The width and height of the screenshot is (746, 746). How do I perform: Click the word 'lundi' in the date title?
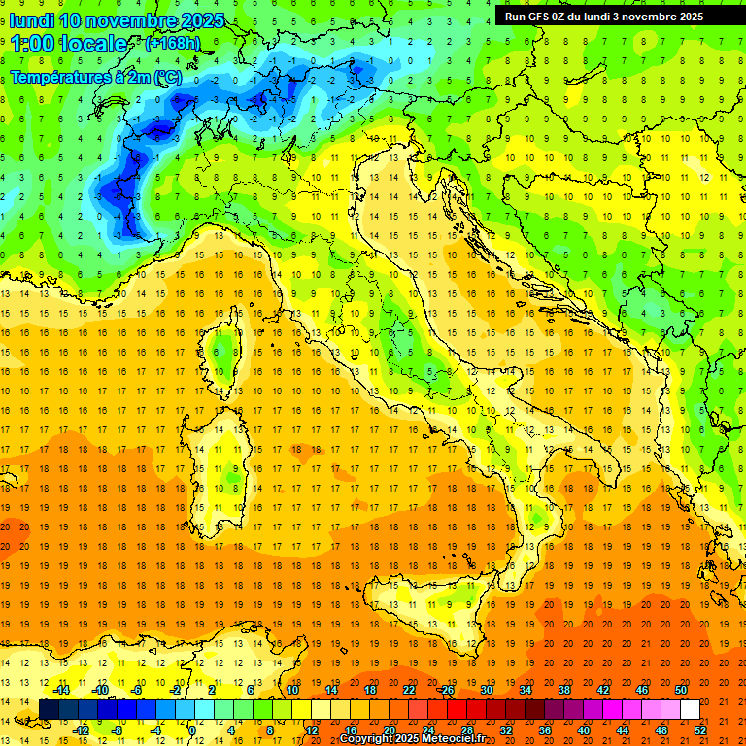click(31, 20)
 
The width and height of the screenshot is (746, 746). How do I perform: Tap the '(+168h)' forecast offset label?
click(172, 44)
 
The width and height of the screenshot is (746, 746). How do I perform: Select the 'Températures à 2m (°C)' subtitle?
click(95, 77)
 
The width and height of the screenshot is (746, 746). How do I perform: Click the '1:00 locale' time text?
click(68, 44)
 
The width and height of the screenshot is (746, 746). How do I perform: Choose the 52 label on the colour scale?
click(700, 730)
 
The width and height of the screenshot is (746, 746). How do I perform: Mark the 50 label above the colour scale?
click(680, 690)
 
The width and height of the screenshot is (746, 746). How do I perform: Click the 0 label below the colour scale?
click(192, 730)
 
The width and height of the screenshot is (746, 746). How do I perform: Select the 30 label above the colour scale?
click(487, 690)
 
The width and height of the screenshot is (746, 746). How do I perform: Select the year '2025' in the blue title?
click(201, 20)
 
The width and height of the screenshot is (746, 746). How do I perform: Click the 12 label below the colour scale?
click(312, 730)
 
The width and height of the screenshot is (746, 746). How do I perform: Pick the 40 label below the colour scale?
click(583, 730)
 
